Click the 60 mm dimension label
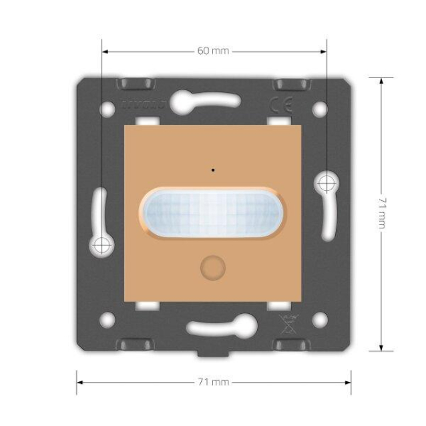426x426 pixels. pyautogui.click(x=214, y=51)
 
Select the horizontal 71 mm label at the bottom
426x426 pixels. pyautogui.click(x=214, y=383)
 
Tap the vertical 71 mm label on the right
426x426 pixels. pyautogui.click(x=381, y=213)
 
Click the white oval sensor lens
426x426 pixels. pyautogui.click(x=213, y=213)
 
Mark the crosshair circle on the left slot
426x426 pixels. pyautogui.click(x=101, y=245)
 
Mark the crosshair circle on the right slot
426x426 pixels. pyautogui.click(x=326, y=181)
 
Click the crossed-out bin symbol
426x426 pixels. pyautogui.click(x=285, y=323)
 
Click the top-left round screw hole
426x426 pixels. pyautogui.click(x=107, y=107)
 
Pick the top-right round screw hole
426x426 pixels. pyautogui.click(x=320, y=107)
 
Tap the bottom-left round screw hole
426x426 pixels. pyautogui.click(x=107, y=320)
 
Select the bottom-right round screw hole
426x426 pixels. pyautogui.click(x=320, y=320)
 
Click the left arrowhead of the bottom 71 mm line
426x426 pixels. pyautogui.click(x=79, y=383)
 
